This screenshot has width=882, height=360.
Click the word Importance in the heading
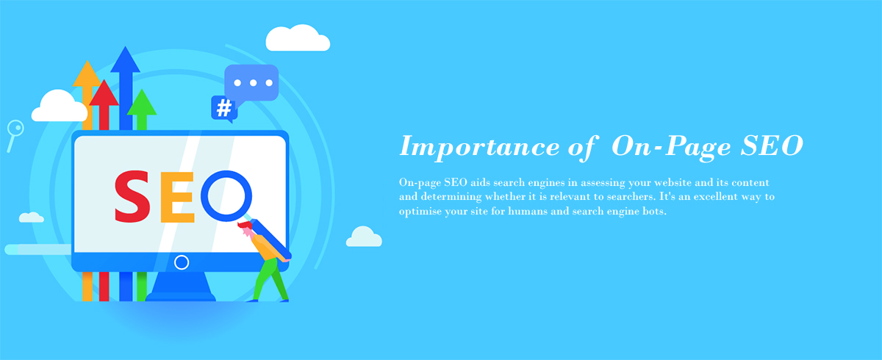pos(479,147)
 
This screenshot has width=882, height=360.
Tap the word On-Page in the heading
pos(671,147)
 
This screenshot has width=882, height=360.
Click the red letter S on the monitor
pos(132,196)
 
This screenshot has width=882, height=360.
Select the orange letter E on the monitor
pos(177,197)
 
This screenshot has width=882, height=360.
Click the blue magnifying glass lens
pos(226,195)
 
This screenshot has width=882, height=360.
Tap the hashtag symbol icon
pos(224,108)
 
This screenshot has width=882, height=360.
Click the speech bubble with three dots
pos(251,83)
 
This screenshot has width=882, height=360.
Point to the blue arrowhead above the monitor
pos(125,60)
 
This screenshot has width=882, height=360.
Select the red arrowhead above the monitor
pos(104,93)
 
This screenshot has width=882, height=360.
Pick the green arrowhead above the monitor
pos(142,102)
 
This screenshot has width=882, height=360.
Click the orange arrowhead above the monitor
pos(87,73)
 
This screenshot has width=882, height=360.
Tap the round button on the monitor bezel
pos(182,262)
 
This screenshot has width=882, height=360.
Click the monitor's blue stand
pos(181,287)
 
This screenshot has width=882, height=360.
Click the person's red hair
pos(245,225)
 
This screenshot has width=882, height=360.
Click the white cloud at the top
pos(298,38)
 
